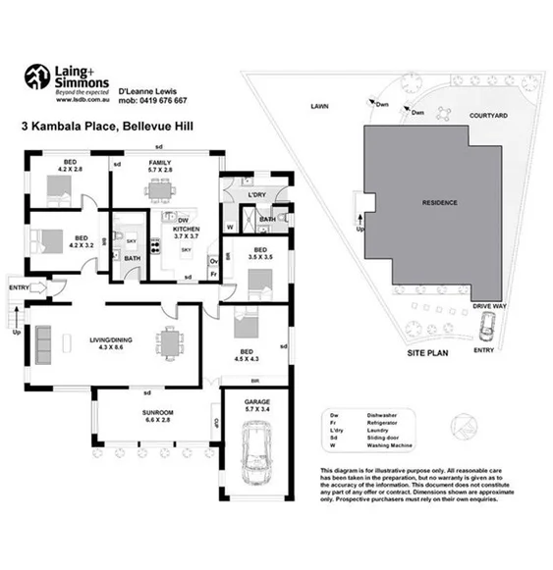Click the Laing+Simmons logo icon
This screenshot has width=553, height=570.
pyautogui.click(x=36, y=77)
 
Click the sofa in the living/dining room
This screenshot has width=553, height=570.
pyautogui.click(x=43, y=342)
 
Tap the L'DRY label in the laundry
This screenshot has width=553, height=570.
pyautogui.click(x=257, y=195)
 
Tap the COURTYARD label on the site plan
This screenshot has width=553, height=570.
pyautogui.click(x=487, y=116)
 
